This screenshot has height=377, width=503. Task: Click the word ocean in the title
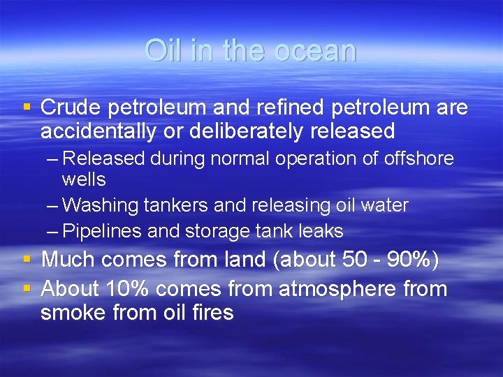pyautogui.click(x=318, y=50)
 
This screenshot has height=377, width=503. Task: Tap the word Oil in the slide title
pyautogui.click(x=162, y=50)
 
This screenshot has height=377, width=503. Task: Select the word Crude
pyautogui.click(x=70, y=108)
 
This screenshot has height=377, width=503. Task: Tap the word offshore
pyautogui.click(x=418, y=158)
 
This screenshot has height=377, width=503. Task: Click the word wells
pyautogui.click(x=83, y=180)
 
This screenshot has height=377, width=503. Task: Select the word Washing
pyautogui.click(x=105, y=206)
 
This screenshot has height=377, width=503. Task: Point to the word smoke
pyautogui.click(x=71, y=312)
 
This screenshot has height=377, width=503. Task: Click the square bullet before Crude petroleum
pyautogui.click(x=27, y=108)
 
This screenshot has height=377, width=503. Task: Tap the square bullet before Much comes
pyautogui.click(x=27, y=259)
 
